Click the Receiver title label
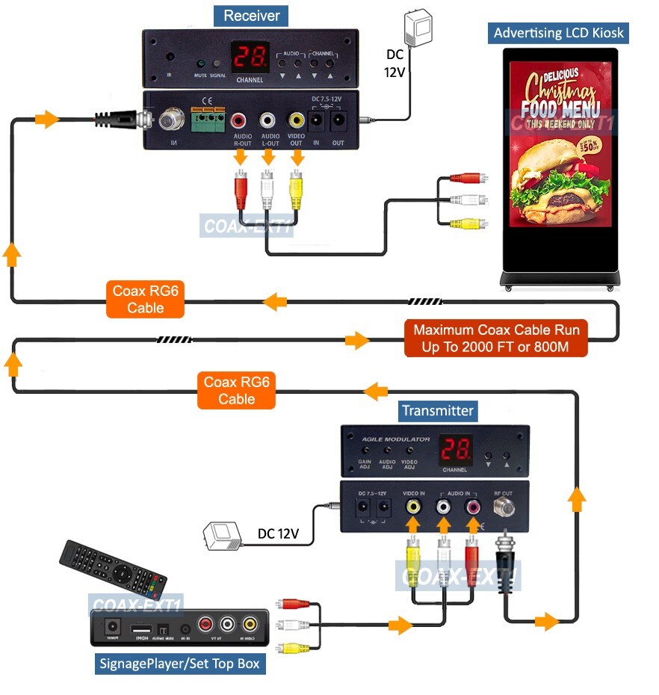[x=251, y=15]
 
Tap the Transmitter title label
[x=438, y=410]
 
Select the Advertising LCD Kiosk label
[x=559, y=33]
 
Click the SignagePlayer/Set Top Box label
[x=182, y=663]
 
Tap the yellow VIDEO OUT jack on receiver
[x=297, y=119]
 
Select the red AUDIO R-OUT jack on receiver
[x=240, y=120]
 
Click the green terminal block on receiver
[x=208, y=120]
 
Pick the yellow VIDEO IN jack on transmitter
[x=413, y=507]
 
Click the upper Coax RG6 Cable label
[x=146, y=300]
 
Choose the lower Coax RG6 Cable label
[x=237, y=391]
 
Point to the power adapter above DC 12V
[x=415, y=29]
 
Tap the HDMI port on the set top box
[x=140, y=628]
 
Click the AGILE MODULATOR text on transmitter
[x=397, y=439]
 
